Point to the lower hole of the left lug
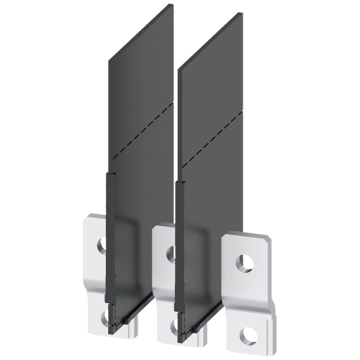tap(105, 315)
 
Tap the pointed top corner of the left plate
tap(174, 4)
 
